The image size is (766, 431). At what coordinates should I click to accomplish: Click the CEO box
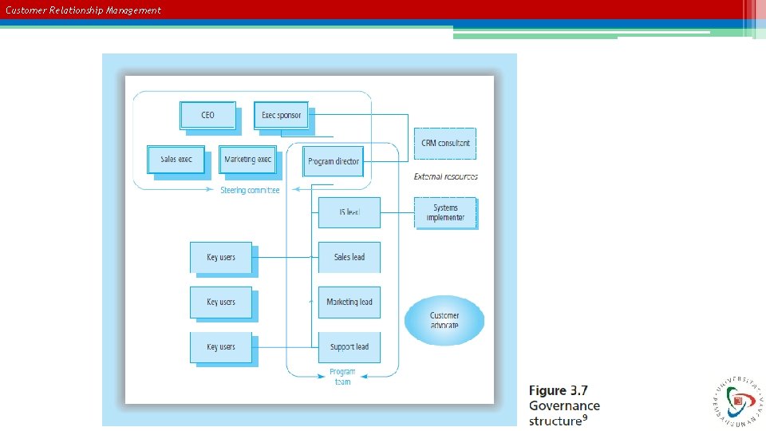(x=208, y=115)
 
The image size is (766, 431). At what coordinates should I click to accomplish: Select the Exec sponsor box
(x=282, y=115)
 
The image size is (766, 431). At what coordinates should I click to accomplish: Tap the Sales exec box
(x=176, y=160)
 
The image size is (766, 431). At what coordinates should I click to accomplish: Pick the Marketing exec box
(x=247, y=160)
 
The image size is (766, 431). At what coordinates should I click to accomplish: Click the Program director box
(x=334, y=161)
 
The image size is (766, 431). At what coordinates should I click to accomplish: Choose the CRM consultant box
(x=445, y=144)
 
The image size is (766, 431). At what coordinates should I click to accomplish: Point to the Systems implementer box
(x=445, y=213)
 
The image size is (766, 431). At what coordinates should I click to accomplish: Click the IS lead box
(x=349, y=212)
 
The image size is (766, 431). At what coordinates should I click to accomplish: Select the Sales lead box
(x=349, y=257)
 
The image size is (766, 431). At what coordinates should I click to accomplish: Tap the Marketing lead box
(x=349, y=302)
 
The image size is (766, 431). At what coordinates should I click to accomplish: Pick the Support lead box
(x=349, y=347)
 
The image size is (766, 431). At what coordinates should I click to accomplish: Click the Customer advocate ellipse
(x=444, y=320)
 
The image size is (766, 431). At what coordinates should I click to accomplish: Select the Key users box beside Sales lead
(x=221, y=257)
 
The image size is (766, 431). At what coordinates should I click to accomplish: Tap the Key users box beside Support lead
(x=221, y=347)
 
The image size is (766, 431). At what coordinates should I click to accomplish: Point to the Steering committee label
(x=250, y=191)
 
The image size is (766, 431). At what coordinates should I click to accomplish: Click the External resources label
(x=446, y=176)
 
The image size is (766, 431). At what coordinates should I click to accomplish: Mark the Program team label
(x=342, y=377)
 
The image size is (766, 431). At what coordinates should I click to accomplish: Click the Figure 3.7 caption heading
(x=558, y=391)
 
